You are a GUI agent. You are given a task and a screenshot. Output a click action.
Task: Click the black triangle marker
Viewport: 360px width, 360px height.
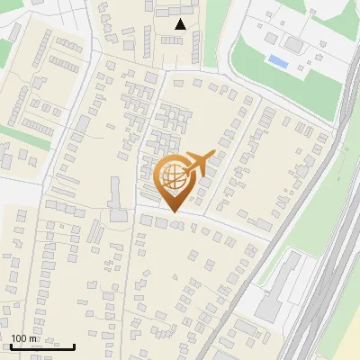[x=181, y=24]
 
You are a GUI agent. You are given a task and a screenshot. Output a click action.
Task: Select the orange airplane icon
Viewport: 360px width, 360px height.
[x=201, y=164]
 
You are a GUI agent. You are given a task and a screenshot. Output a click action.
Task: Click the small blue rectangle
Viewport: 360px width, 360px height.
[x=278, y=61]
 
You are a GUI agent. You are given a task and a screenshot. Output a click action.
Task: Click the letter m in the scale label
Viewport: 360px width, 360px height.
[x=33, y=338]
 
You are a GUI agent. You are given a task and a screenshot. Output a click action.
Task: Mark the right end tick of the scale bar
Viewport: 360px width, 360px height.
[x=74, y=345]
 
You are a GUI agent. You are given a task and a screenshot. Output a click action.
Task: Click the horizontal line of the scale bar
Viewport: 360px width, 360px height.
[x=40, y=346]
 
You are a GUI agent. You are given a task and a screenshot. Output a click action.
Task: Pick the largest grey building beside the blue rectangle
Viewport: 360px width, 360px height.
[x=292, y=43]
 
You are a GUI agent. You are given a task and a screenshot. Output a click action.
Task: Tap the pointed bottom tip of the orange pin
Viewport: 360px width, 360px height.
[x=172, y=212]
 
